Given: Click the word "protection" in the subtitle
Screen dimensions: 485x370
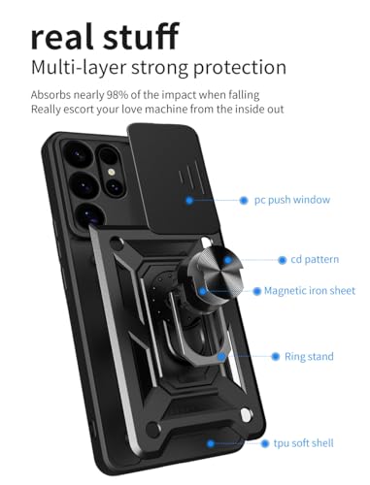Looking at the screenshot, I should click(x=241, y=70).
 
